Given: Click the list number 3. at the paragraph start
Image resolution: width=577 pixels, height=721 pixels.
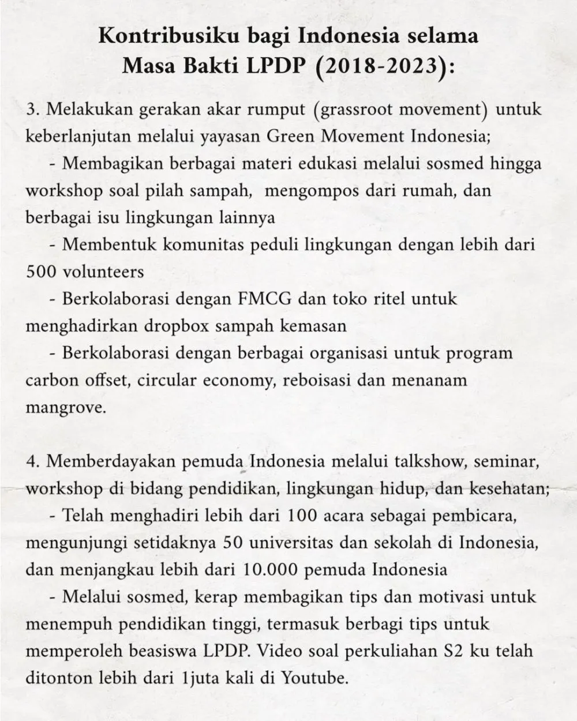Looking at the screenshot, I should [33, 110].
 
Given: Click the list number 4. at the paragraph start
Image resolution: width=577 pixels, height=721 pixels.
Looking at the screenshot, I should [33, 462].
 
